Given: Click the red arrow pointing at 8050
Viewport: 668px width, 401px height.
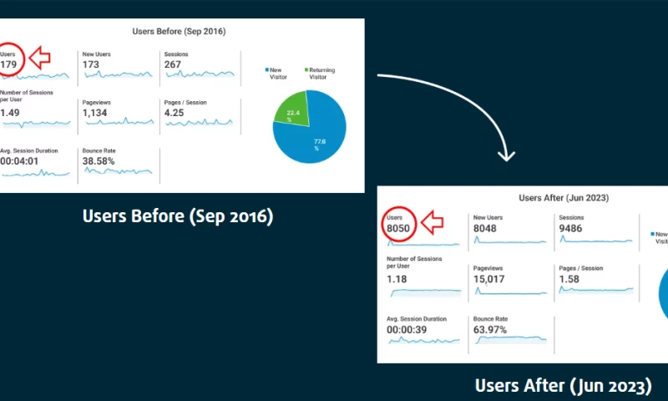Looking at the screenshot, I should [x=433, y=222].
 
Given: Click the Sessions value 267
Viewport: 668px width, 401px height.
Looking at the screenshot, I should [x=174, y=65].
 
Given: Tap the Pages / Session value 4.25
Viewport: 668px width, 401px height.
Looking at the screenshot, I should [x=175, y=114].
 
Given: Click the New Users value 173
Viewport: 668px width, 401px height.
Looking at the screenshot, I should [x=91, y=65].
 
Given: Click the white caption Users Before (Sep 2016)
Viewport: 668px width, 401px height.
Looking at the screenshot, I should [x=178, y=216].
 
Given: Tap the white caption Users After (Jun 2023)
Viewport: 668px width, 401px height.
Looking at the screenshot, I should [x=563, y=385].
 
